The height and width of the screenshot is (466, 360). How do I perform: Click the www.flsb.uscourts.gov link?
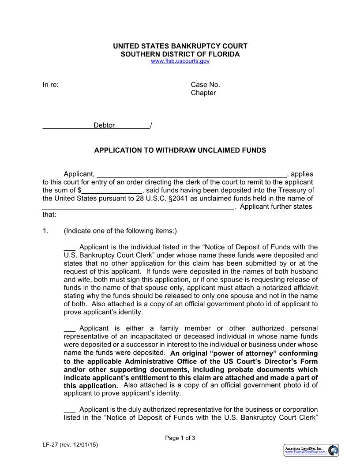[x=180, y=61]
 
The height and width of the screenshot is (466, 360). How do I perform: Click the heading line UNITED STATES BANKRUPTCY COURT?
[x=180, y=46]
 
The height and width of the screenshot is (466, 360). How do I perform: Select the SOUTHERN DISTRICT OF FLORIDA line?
[x=180, y=54]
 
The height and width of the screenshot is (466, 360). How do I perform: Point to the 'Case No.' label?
[x=205, y=85]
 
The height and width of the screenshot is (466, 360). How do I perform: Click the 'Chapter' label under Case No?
[x=203, y=93]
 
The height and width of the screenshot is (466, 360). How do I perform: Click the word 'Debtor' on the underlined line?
[x=104, y=125]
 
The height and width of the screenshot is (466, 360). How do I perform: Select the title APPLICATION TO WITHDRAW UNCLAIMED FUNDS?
[x=180, y=150]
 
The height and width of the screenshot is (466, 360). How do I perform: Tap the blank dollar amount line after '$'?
[x=112, y=191]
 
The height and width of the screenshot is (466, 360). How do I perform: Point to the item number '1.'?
[x=45, y=231]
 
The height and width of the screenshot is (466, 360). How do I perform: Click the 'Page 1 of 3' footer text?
[x=180, y=438]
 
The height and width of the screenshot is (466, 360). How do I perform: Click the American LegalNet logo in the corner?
[x=311, y=450]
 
